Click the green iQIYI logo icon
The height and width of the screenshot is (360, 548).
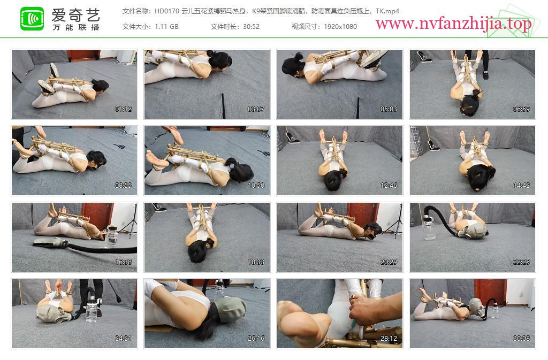[32, 19]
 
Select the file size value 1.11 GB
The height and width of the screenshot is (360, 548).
[167, 27]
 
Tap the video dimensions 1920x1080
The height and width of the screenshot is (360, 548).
[340, 27]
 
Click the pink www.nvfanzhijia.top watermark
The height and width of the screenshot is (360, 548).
[453, 24]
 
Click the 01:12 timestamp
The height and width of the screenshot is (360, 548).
[124, 109]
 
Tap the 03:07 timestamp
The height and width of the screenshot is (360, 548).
[256, 109]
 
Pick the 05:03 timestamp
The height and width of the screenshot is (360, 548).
[389, 109]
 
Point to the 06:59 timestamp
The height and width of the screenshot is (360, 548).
[521, 109]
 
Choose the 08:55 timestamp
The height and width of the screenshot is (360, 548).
[124, 186]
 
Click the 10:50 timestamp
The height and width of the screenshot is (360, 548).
[256, 186]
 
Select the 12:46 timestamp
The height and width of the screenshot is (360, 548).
[389, 186]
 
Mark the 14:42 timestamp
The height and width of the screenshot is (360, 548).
[521, 186]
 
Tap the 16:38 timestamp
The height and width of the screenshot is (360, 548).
[124, 262]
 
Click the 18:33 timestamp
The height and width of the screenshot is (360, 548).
[256, 262]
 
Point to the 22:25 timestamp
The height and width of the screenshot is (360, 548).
[521, 262]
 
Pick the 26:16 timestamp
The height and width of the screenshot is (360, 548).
[256, 339]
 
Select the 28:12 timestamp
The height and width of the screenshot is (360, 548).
[389, 339]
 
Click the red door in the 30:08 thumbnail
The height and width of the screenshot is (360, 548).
[490, 293]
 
